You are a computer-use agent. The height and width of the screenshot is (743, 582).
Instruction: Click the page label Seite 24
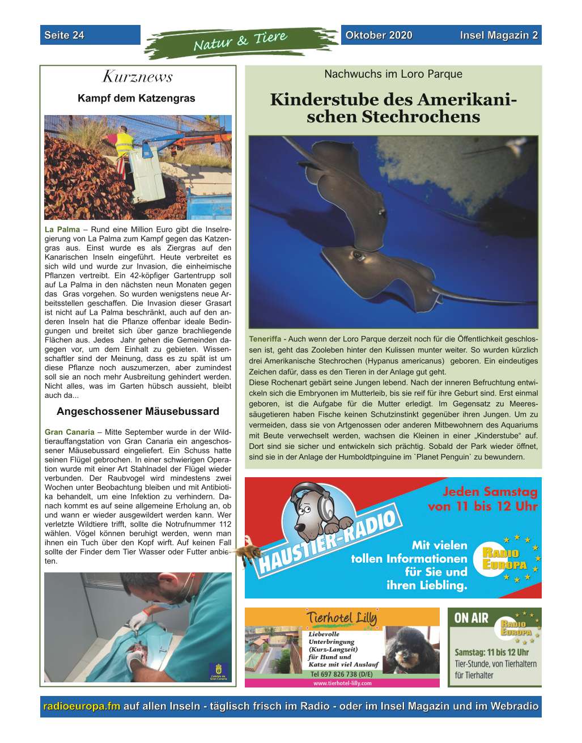[64, 35]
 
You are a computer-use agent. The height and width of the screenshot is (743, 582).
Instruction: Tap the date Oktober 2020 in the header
[379, 35]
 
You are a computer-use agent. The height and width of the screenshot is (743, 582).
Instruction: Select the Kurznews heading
[137, 77]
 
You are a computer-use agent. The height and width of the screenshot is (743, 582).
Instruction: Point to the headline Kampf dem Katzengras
[136, 99]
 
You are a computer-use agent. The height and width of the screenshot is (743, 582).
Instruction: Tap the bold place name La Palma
[62, 230]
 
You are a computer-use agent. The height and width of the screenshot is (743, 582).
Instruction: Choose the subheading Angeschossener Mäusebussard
[138, 411]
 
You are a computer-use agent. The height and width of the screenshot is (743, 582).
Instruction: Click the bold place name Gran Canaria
[69, 432]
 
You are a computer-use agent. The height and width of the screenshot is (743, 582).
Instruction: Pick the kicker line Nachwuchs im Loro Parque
[393, 74]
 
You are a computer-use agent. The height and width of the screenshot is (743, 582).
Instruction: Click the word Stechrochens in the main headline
[420, 117]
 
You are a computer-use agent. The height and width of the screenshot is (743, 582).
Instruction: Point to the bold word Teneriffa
[265, 339]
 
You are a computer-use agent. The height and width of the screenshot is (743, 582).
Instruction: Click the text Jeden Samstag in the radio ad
[489, 491]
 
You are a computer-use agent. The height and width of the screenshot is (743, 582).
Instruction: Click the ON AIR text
[471, 618]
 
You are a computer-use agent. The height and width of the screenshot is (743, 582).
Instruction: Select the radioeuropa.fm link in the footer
[82, 706]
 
